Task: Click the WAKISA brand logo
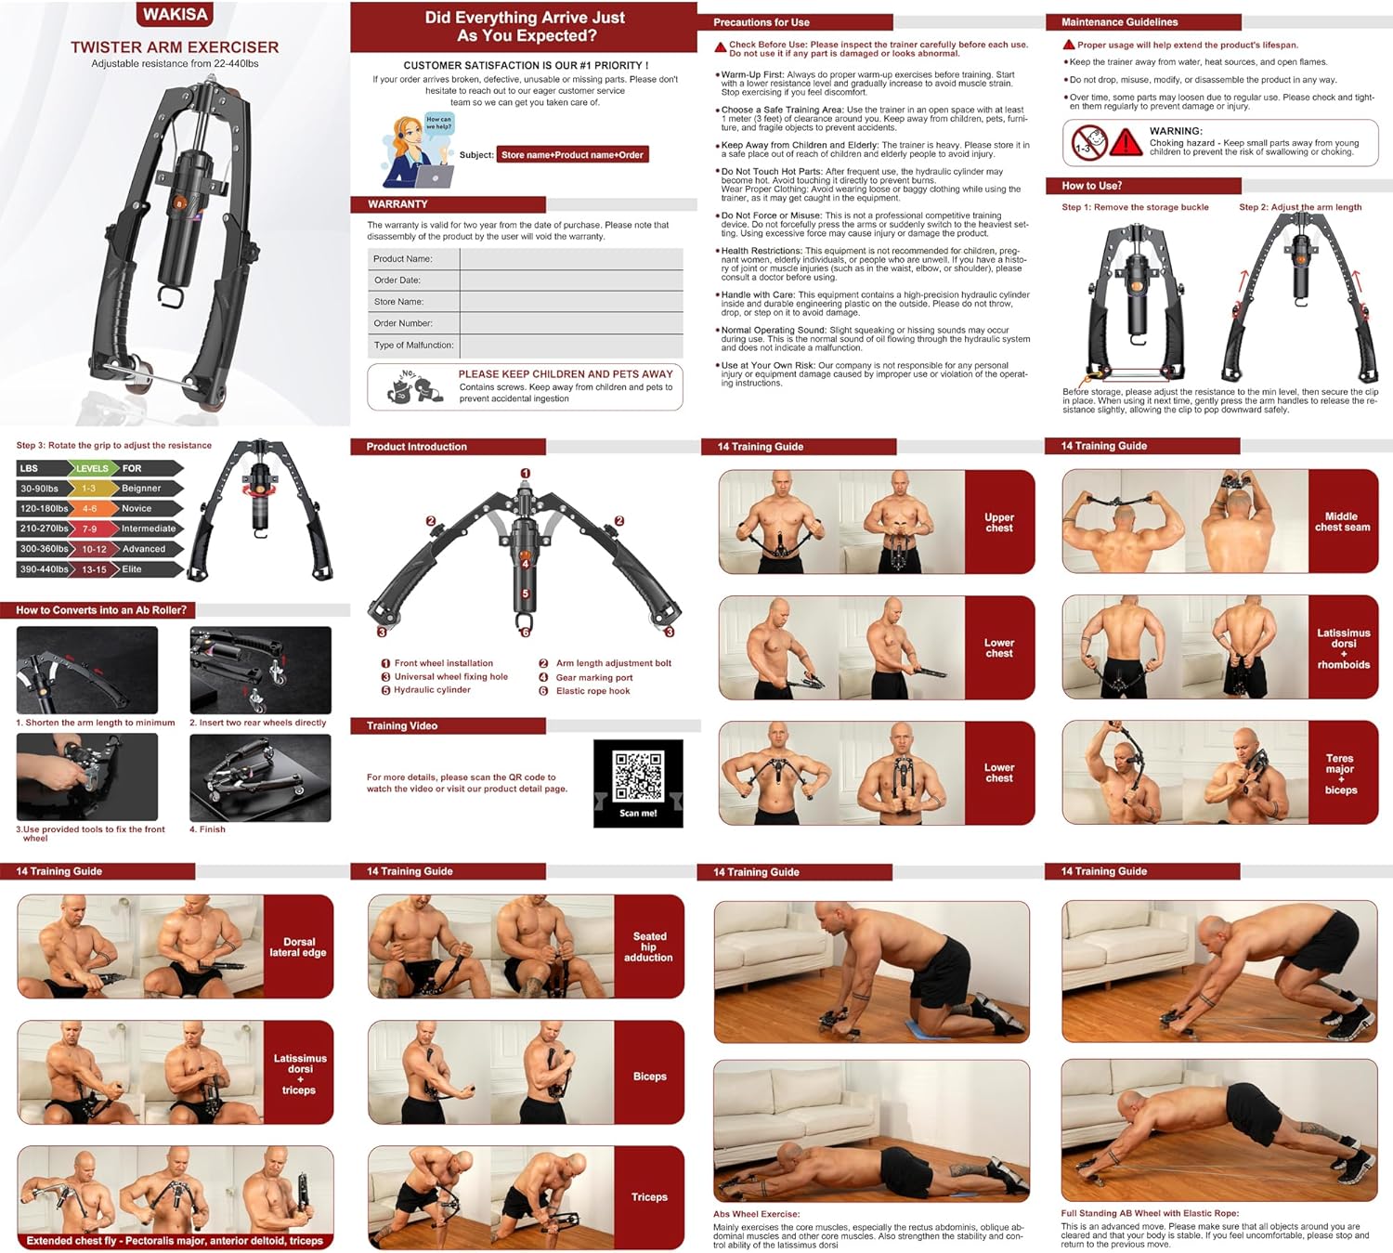tap(175, 14)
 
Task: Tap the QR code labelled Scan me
tap(638, 777)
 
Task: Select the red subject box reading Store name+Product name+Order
tap(572, 155)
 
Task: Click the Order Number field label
tap(403, 323)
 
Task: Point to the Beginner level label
tap(141, 489)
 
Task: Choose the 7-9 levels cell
tap(90, 529)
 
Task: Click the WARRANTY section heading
tap(397, 204)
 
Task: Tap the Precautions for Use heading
tap(762, 22)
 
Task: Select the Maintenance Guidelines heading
tap(1119, 22)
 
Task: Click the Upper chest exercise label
tap(999, 523)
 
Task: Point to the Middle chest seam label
tap(1342, 522)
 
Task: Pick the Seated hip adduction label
tap(649, 946)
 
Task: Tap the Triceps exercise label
tap(649, 1197)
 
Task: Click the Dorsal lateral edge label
tap(298, 947)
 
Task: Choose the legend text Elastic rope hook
tap(592, 691)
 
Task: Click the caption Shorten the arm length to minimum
tap(96, 723)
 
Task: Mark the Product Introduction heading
tap(416, 447)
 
